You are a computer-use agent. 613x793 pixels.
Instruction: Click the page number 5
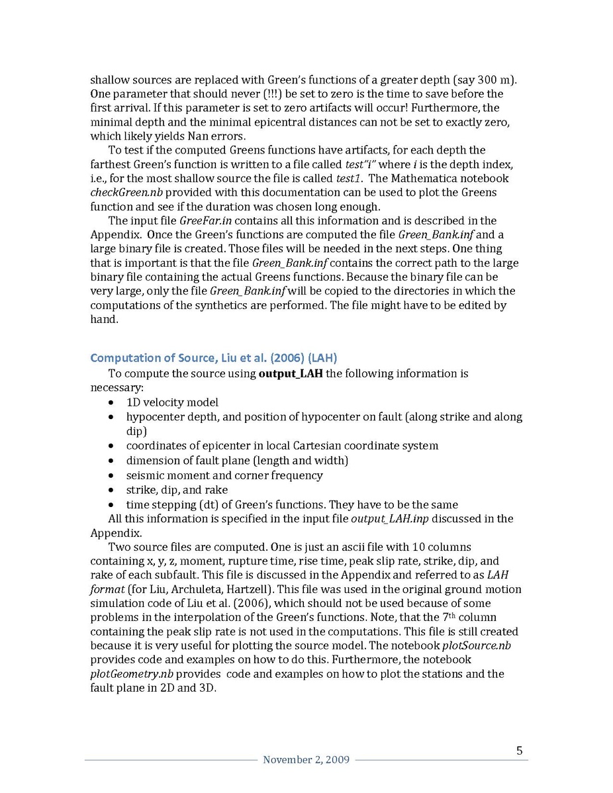tap(519, 750)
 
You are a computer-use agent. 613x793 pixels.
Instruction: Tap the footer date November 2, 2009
tap(306, 760)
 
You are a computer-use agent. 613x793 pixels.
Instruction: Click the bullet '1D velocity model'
tap(172, 402)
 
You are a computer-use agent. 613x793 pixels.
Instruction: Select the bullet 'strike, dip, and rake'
tap(177, 490)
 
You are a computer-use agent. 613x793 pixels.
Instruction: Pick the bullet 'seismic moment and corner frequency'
tap(224, 475)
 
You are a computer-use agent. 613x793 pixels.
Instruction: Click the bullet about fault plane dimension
tap(237, 461)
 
